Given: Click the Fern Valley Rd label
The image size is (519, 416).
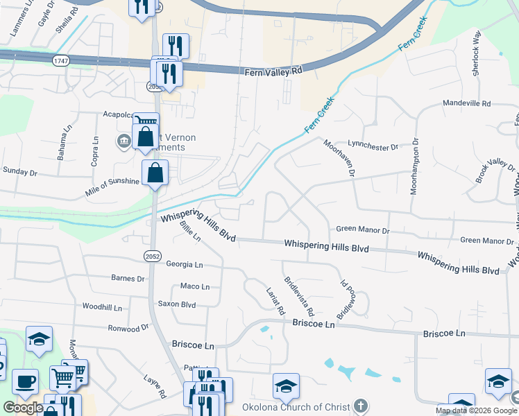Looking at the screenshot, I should [274, 71].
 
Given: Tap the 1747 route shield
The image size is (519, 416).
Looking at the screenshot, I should [60, 62].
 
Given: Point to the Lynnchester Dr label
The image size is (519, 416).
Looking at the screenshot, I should [373, 147].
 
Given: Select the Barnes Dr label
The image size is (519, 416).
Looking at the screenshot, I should [128, 278].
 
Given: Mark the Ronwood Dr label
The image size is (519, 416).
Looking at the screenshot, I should [129, 328].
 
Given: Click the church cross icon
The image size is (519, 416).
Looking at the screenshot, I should [360, 405].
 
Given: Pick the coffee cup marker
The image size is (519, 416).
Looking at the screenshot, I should [26, 381].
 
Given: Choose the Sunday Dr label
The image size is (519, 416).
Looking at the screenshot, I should [19, 170].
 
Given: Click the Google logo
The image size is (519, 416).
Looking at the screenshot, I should [23, 407].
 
